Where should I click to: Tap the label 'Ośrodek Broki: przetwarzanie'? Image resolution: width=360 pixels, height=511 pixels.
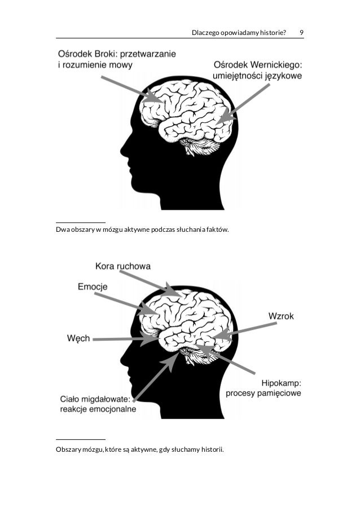point(117,54)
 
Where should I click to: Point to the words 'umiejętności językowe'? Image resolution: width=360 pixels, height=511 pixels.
point(257,76)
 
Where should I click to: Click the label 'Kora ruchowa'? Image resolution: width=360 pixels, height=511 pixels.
point(123,265)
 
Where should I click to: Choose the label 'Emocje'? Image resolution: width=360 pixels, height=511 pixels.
point(93,287)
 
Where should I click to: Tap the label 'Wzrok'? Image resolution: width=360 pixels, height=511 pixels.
point(281,316)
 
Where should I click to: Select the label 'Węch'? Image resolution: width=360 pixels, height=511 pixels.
point(78,338)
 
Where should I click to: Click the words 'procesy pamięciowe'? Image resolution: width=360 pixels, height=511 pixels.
point(263,393)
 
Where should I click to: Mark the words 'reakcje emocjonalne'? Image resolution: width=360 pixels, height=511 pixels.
point(98,409)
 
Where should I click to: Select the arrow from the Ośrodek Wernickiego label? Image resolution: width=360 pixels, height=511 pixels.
point(243,104)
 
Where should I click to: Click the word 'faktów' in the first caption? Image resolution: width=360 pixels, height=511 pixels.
point(218,230)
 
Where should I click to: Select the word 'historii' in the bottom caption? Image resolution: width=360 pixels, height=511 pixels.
point(211,450)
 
